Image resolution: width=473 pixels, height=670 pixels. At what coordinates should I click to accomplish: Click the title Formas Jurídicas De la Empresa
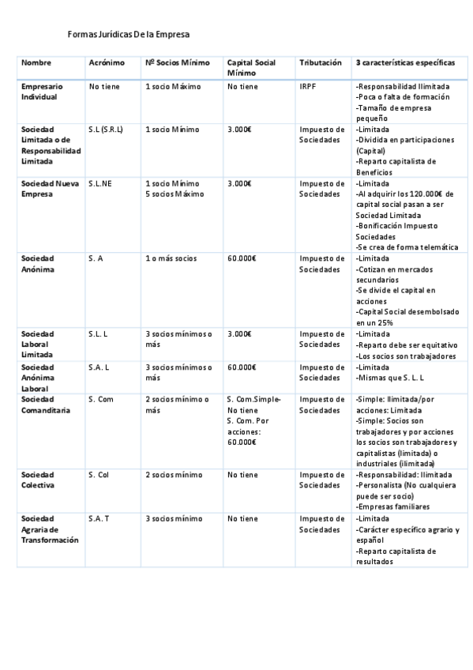pos(129,35)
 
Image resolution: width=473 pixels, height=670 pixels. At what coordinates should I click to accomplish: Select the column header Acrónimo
pos(107,62)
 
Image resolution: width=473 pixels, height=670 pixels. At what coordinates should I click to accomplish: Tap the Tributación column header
pos(321,62)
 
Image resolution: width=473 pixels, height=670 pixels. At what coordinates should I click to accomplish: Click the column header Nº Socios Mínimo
pos(177,62)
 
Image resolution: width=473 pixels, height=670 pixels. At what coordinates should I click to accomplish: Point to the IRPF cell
pos(308,86)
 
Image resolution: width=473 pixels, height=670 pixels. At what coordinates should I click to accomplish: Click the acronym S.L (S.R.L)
pos(106,130)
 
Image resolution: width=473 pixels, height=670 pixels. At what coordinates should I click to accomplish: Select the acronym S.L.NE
pos(100,183)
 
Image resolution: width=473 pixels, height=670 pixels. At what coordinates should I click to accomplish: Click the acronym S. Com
pos(101,399)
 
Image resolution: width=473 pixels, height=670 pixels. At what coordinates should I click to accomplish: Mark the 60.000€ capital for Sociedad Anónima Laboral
pos(241,367)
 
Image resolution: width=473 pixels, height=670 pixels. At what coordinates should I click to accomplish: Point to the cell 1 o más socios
pos(171,258)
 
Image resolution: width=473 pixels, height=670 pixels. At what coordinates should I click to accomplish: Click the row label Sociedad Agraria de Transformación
pos(50,529)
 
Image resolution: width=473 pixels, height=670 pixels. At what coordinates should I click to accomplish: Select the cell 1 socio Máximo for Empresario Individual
pos(173,86)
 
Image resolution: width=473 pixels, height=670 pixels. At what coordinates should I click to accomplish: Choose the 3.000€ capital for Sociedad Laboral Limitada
pos(238,334)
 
